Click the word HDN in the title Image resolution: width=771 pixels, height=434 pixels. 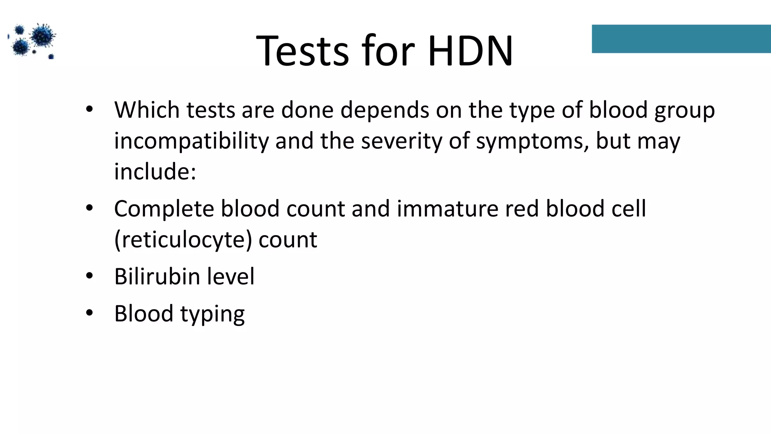pyautogui.click(x=470, y=51)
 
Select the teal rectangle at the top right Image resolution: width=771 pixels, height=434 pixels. pyautogui.click(x=681, y=39)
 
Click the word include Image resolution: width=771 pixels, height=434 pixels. pyautogui.click(x=155, y=172)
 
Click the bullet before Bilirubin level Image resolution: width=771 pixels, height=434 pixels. pyautogui.click(x=89, y=276)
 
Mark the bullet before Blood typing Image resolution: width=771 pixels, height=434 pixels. pyautogui.click(x=89, y=313)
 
